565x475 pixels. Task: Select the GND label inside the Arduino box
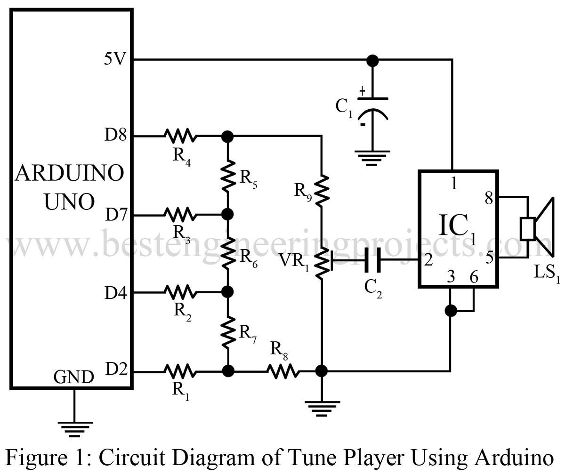(x=73, y=377)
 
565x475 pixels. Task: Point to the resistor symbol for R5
(x=227, y=175)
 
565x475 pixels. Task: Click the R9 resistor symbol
(x=322, y=189)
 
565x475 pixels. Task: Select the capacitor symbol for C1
(x=372, y=108)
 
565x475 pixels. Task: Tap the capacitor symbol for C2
(x=372, y=260)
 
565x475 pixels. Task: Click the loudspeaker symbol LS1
(x=537, y=228)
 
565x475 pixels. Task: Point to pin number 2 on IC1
(x=428, y=260)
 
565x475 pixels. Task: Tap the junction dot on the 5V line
(x=372, y=60)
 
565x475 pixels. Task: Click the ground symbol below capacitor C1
(x=372, y=156)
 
